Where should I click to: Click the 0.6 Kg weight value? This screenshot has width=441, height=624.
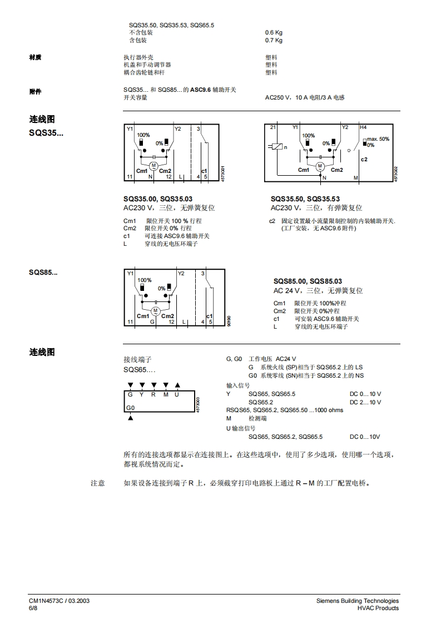pos(274,32)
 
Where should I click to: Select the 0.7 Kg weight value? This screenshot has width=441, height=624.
pos(274,40)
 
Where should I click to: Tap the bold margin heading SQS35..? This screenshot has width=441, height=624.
pos(46,133)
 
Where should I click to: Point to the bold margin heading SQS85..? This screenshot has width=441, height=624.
pos(43,273)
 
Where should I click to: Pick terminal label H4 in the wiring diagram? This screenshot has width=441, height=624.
pos(363,127)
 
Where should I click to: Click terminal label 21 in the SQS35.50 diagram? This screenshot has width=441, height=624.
pos(272,127)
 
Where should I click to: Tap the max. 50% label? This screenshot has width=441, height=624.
pos(378,139)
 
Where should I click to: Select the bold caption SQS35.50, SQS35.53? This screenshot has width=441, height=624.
pos(305,199)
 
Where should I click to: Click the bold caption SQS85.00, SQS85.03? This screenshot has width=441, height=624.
pos(308,281)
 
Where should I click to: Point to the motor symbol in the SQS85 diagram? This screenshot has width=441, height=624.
pos(155,310)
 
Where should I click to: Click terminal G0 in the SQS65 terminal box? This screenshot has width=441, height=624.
pos(131,408)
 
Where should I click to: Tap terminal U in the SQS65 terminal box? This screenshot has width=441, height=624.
pos(177,394)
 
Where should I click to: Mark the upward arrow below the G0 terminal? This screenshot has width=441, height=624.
pos(130,418)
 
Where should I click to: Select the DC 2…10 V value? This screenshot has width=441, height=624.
pos(365,402)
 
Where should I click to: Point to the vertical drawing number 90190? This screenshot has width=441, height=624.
pos(229,321)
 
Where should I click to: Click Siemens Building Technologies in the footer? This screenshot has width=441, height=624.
pos(357,601)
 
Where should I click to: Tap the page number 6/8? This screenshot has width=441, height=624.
pos(33,608)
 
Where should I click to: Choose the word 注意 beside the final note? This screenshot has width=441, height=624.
pos(98,483)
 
